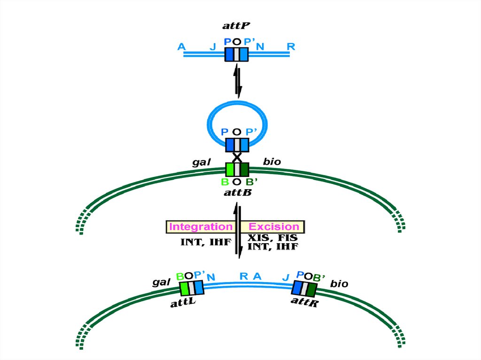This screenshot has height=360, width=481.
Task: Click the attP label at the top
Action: pos(236,25)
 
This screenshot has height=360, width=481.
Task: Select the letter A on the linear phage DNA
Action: pos(181,46)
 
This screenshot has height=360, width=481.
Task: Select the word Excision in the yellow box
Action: pos(274,227)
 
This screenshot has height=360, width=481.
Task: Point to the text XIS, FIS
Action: pos(272,238)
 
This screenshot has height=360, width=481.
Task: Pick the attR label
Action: pos(305,301)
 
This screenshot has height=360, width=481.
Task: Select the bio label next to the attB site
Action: pos(272,162)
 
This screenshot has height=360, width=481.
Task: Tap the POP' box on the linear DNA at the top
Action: pos(237,54)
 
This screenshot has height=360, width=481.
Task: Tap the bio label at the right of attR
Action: pos(339,284)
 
